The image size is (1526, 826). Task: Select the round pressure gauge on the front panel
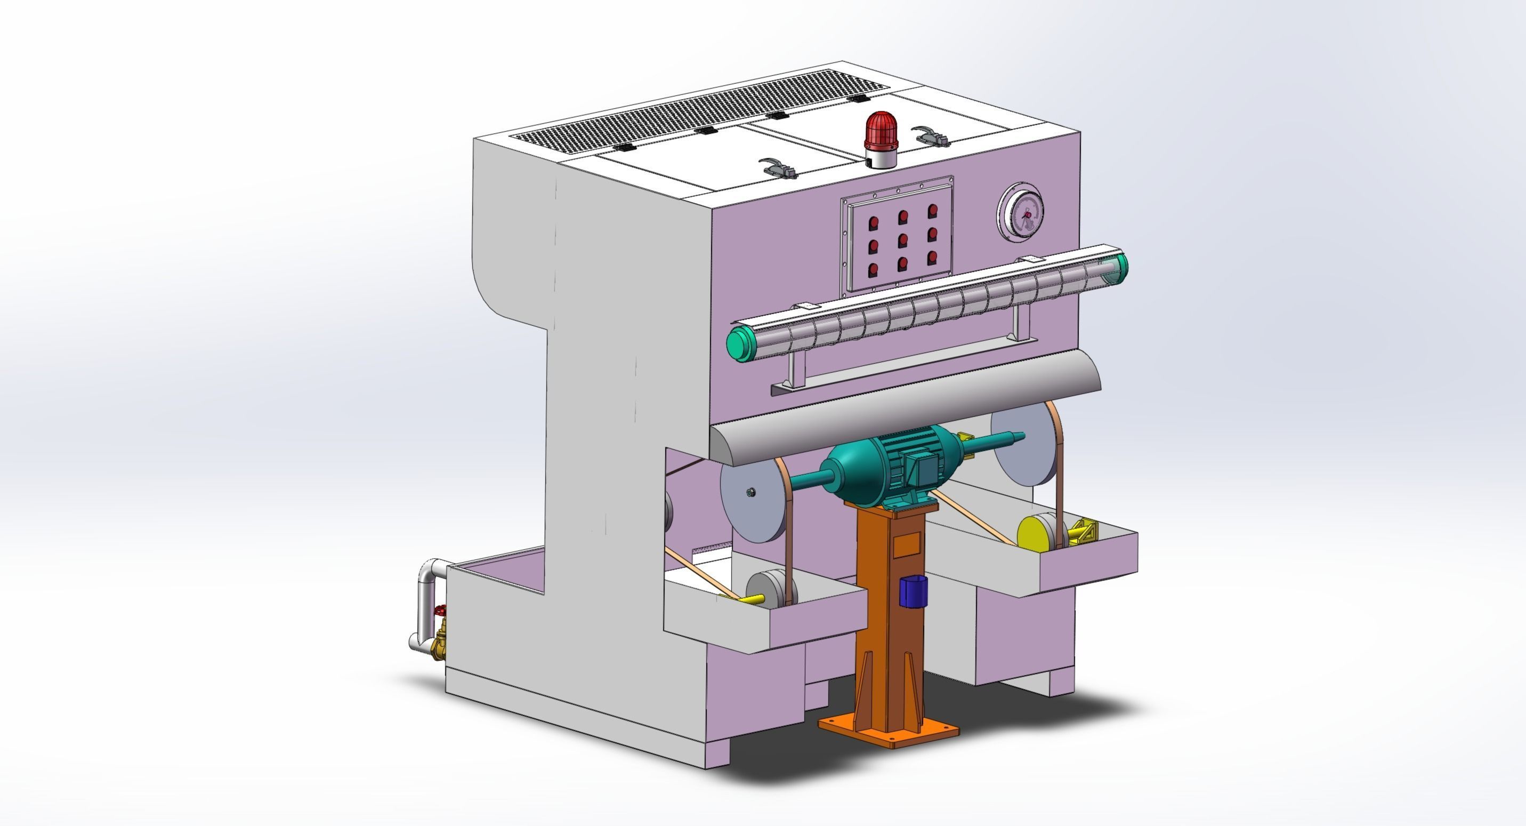(x=1020, y=212)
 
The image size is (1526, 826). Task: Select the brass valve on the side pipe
(x=440, y=644)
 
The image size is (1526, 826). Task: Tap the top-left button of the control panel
(x=873, y=224)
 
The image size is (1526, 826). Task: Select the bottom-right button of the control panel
(x=932, y=257)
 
